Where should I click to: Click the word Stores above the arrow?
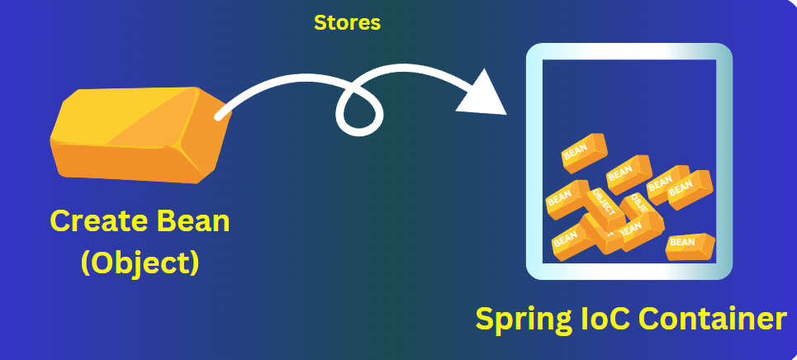click(347, 23)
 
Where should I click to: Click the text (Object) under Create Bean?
click(140, 262)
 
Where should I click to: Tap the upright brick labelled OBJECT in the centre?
click(605, 204)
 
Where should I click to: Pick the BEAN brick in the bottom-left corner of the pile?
click(568, 239)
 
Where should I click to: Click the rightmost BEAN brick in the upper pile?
click(689, 189)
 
